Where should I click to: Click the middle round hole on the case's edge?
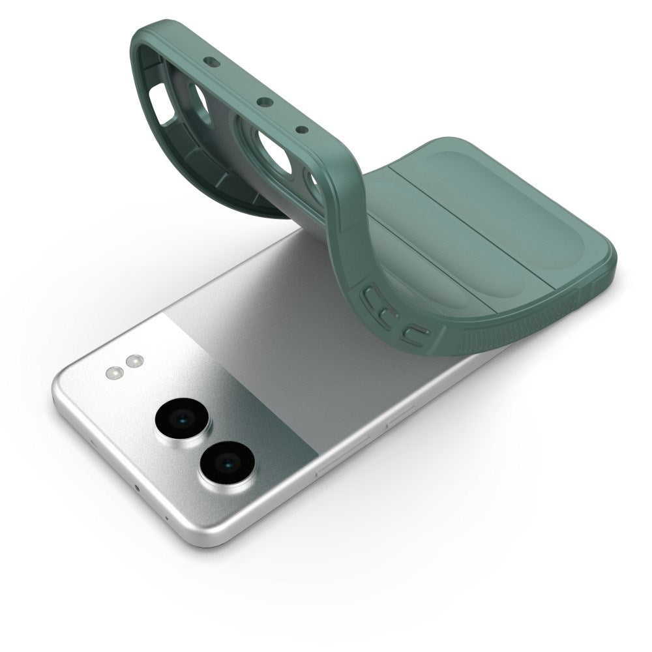coord(265,101)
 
